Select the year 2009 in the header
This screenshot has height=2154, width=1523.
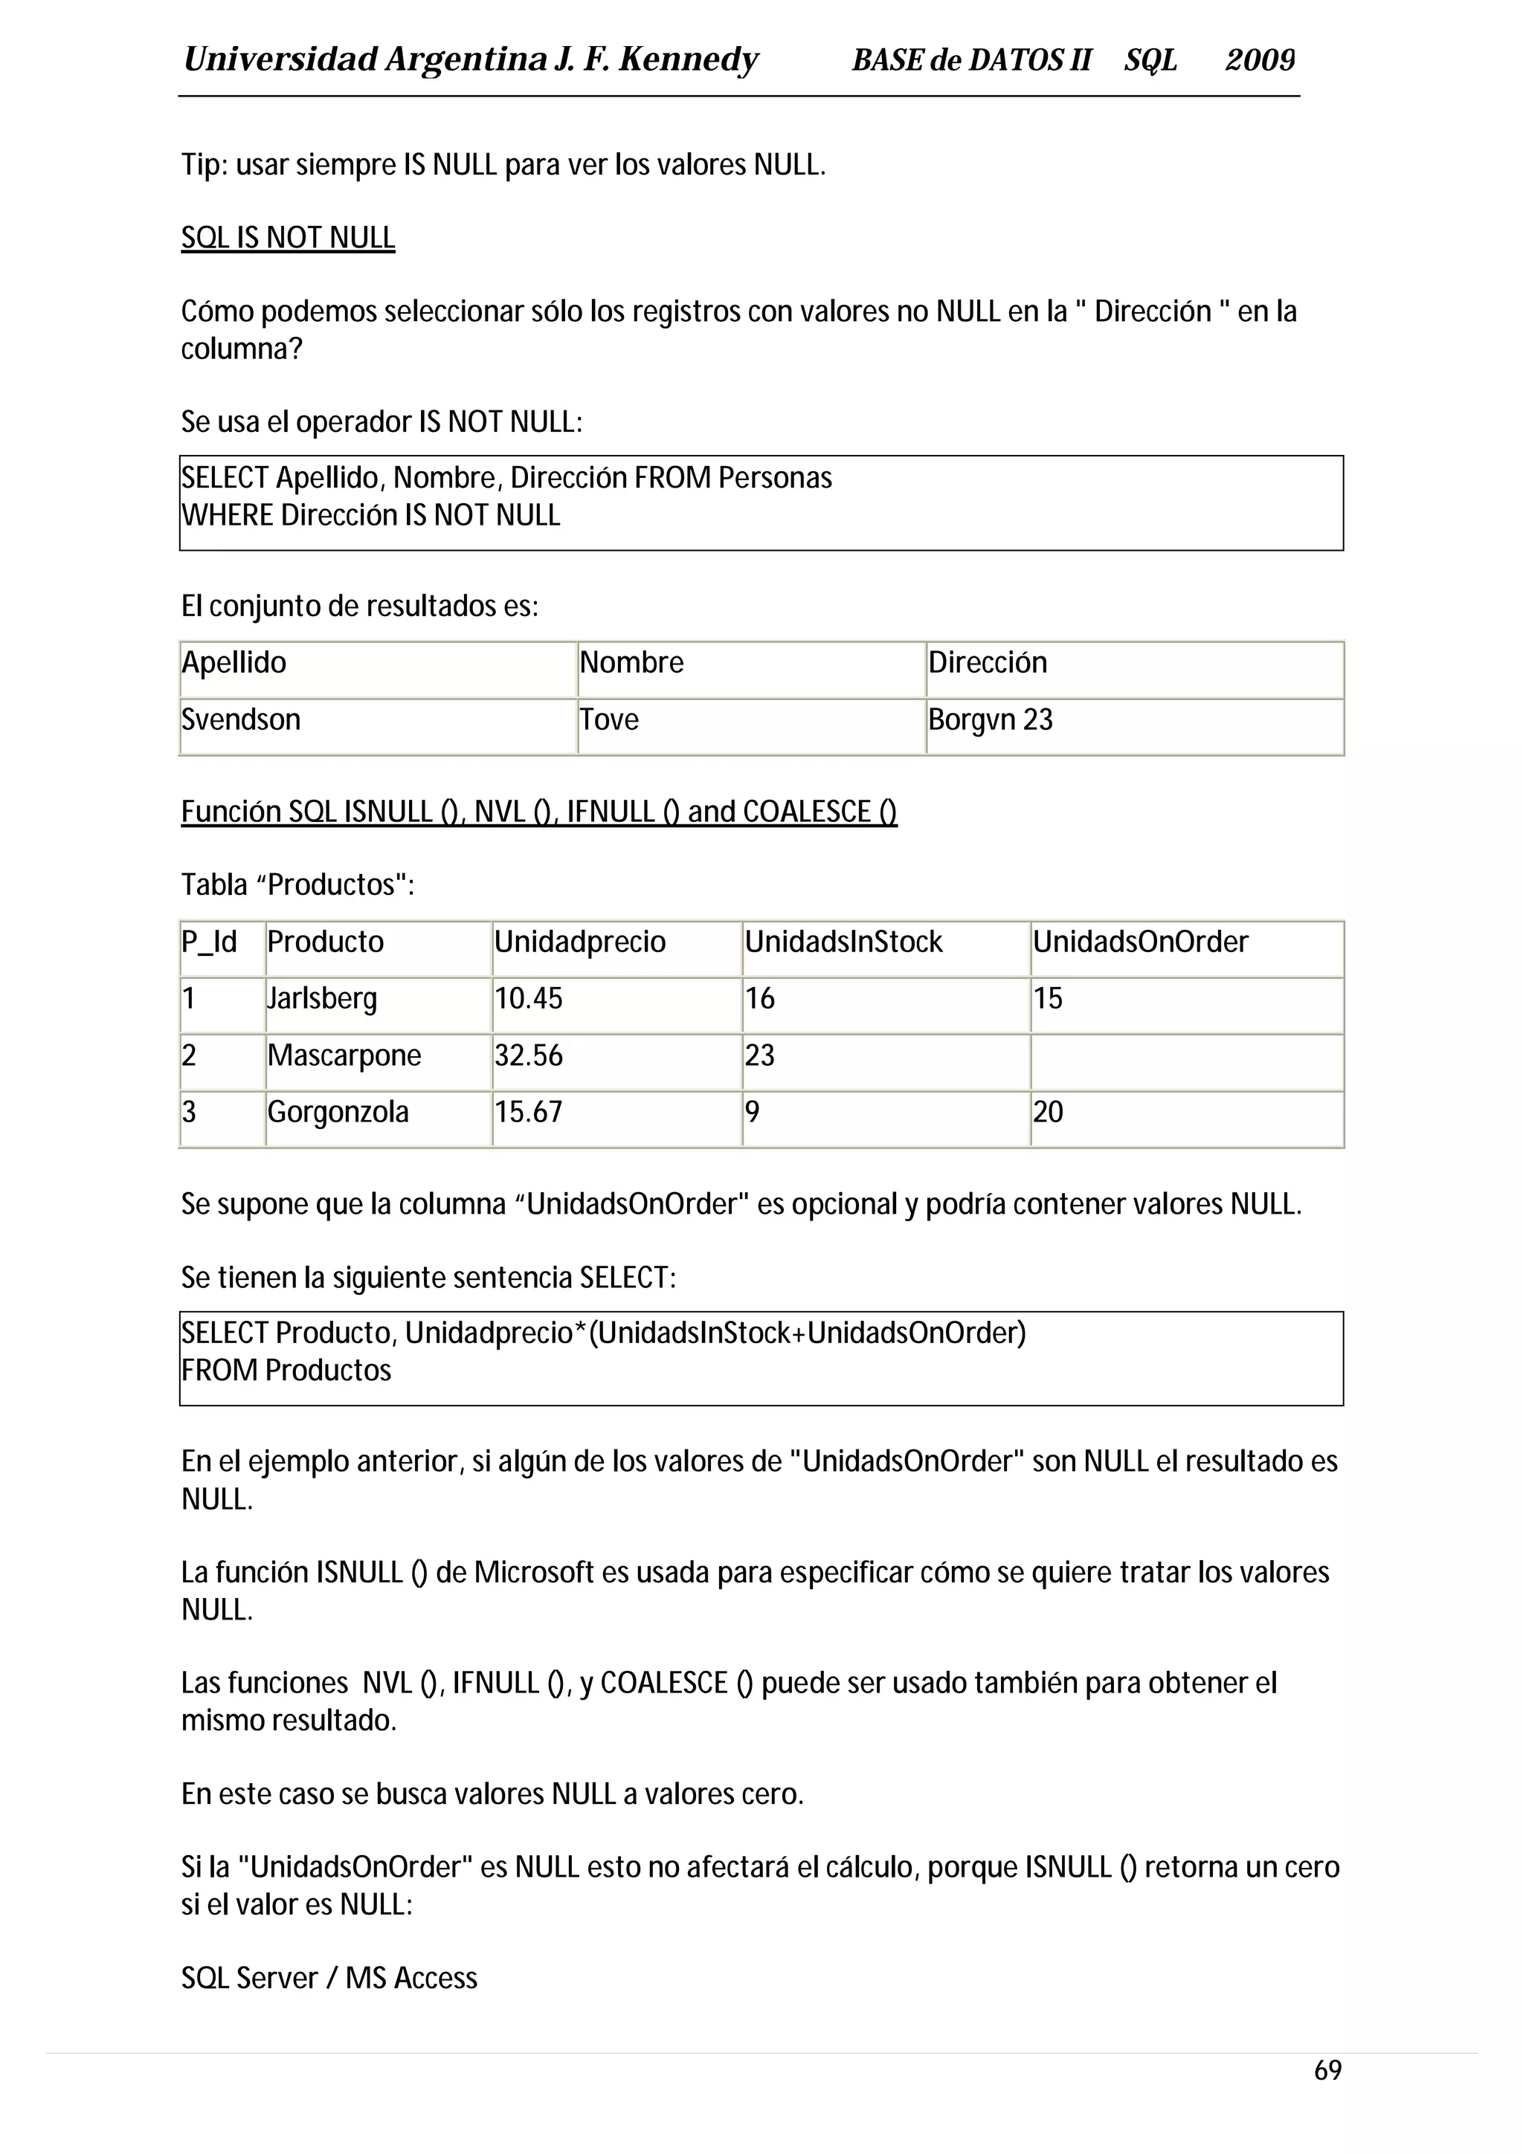coord(1259,60)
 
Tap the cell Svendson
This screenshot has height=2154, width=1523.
coord(241,719)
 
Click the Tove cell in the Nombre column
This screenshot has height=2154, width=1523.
coord(609,719)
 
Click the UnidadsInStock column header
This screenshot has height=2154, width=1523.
coord(843,941)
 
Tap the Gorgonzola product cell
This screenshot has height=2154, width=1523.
coord(338,1113)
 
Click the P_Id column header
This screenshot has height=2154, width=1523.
coord(209,941)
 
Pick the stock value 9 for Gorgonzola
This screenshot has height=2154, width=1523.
coord(752,1113)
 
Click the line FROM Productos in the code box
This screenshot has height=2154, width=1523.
coord(286,1371)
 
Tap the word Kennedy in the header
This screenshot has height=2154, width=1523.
coord(688,60)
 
